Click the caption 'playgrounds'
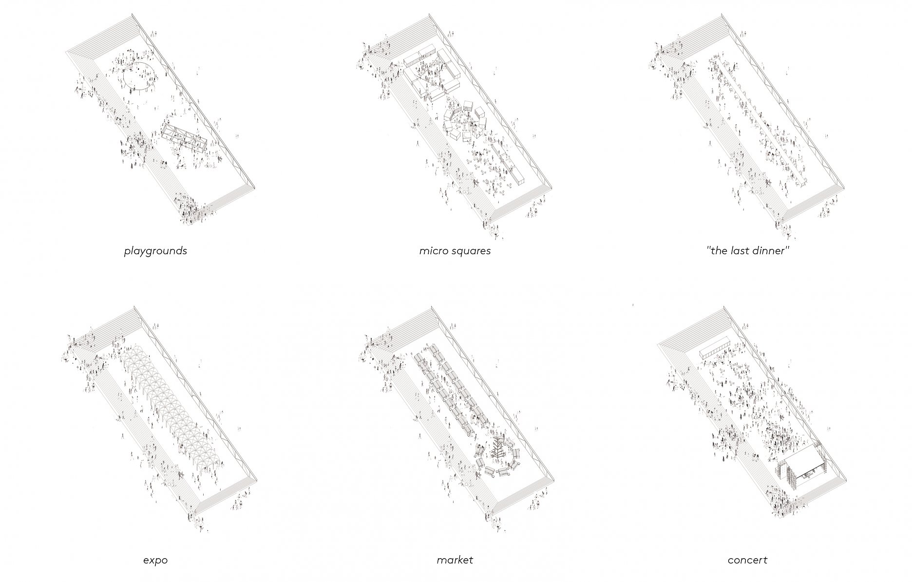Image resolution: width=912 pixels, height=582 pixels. (x=155, y=251)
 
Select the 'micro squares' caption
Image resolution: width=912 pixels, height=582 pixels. (x=455, y=251)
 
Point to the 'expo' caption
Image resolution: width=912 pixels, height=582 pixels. (x=155, y=561)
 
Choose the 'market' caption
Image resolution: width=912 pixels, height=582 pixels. (x=455, y=560)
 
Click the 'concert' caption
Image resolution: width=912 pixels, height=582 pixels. (x=747, y=560)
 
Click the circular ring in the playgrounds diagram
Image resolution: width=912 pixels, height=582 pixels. (x=124, y=78)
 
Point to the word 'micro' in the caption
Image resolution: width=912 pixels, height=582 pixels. (x=431, y=251)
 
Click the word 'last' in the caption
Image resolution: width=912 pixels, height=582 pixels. (x=739, y=251)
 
